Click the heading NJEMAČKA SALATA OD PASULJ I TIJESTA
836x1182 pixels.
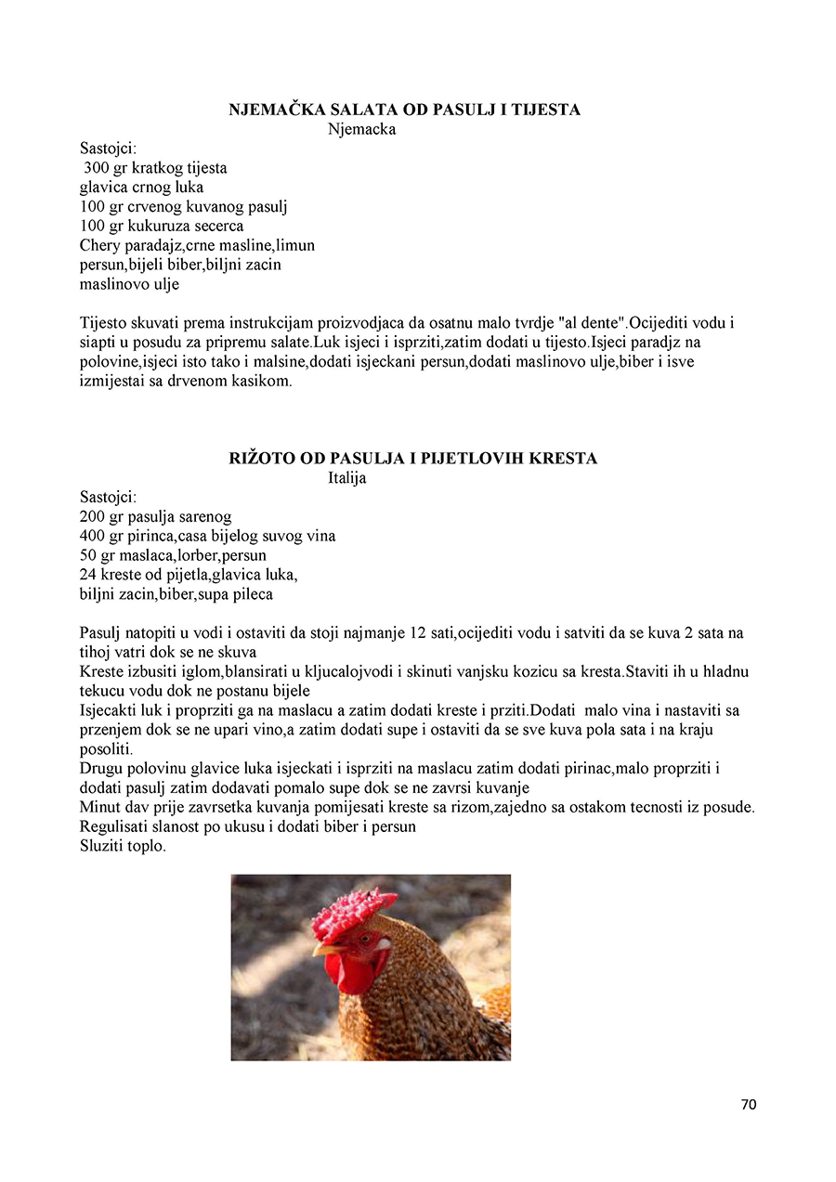click(x=404, y=110)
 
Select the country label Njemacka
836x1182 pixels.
click(x=361, y=129)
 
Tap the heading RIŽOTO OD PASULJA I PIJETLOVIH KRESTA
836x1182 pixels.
click(x=412, y=459)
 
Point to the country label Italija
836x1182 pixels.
click(x=346, y=478)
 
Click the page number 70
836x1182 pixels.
click(x=749, y=1104)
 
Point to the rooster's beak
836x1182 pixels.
click(x=324, y=949)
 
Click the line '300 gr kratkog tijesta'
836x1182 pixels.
click(x=155, y=168)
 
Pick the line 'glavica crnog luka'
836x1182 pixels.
click(x=141, y=187)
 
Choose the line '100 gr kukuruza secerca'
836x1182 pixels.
click(x=162, y=226)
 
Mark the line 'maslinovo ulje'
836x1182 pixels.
click(x=129, y=284)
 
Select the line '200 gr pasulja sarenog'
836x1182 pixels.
click(x=155, y=516)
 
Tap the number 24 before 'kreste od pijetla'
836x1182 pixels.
click(x=88, y=575)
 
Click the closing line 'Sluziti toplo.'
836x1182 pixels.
click(x=123, y=846)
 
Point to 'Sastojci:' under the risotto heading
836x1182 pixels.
click(x=108, y=497)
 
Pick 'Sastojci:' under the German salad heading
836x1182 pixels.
click(x=108, y=148)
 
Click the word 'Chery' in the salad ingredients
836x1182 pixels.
click(x=100, y=245)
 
